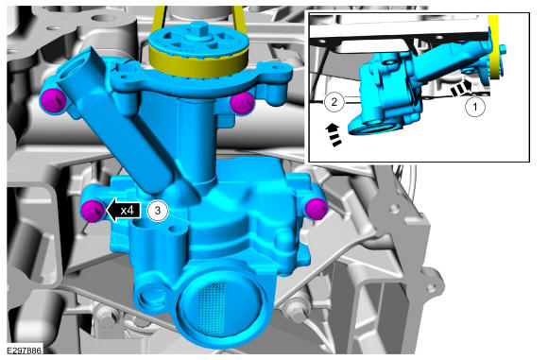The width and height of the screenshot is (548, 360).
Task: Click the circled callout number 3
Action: (x=158, y=211)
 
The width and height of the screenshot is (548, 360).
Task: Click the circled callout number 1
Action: (x=475, y=107)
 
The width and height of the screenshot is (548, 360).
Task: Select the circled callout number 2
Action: (x=334, y=102)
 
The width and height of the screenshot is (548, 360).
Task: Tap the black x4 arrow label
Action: (x=124, y=211)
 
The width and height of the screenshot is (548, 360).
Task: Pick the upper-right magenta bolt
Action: (x=241, y=103)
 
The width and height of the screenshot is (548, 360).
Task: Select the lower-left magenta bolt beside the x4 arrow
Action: (x=93, y=210)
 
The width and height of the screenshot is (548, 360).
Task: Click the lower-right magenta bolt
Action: (x=316, y=209)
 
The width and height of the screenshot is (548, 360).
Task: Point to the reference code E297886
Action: (x=24, y=351)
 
